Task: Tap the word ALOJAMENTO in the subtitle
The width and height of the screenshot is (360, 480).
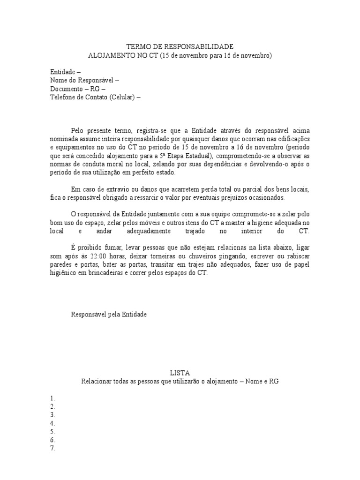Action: [111, 55]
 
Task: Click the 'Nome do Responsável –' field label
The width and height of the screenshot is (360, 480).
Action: [84, 80]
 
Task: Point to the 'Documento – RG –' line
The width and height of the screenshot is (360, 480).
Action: [78, 89]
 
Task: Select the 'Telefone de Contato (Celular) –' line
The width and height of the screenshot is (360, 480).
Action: [95, 97]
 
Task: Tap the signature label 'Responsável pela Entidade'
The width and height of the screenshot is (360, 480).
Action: [109, 315]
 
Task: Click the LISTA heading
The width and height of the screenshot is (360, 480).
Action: [180, 373]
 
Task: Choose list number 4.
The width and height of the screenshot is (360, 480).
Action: [52, 423]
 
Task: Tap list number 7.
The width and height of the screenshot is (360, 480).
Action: [52, 449]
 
